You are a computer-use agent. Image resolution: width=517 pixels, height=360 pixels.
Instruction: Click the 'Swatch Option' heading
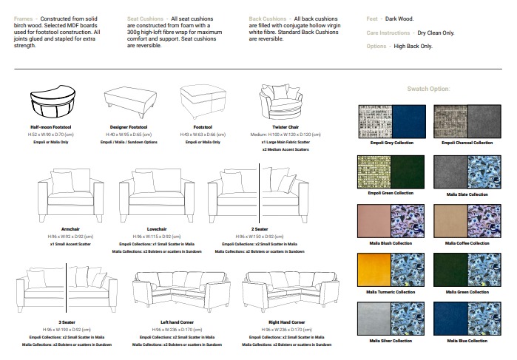tap(428, 89)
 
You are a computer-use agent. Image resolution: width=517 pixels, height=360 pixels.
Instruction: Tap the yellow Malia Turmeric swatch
tap(374, 269)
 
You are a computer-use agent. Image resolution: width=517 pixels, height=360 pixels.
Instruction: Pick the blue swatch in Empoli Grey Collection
tap(408, 120)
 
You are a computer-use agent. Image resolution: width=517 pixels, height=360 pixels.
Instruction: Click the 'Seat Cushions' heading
tap(144, 18)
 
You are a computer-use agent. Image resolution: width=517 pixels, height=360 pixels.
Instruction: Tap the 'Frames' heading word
tap(23, 18)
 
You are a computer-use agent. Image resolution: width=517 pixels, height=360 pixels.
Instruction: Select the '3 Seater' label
tap(67, 322)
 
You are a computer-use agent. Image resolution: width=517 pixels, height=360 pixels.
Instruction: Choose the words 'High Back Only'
tap(413, 46)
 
